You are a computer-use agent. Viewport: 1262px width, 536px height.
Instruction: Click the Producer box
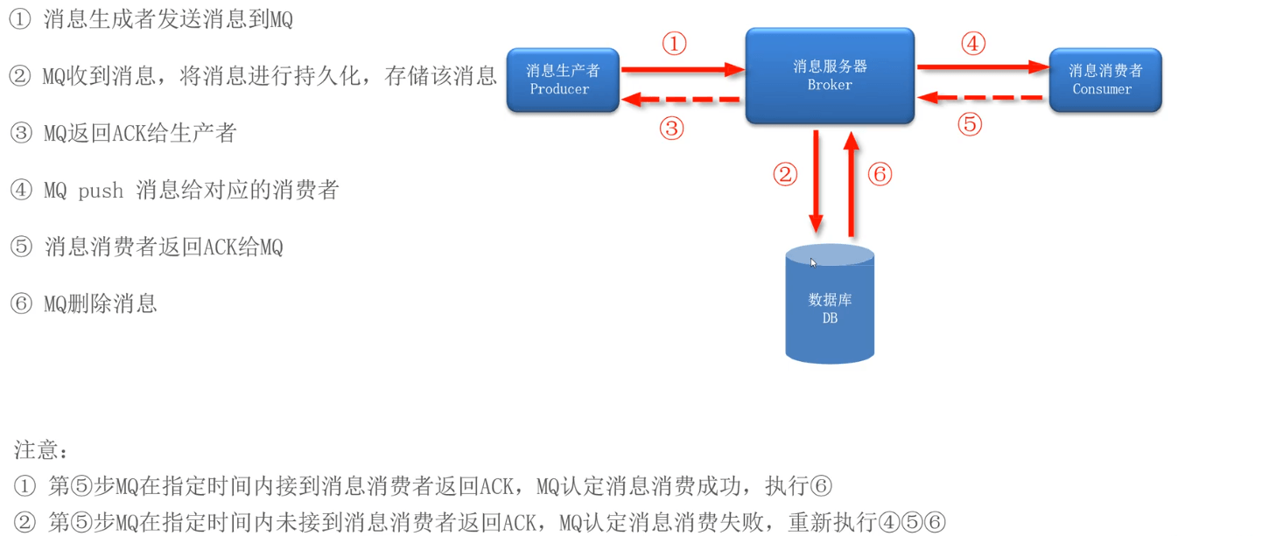pyautogui.click(x=563, y=80)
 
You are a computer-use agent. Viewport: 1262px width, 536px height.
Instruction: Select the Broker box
pyautogui.click(x=829, y=75)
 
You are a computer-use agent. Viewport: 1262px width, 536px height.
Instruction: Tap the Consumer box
pyautogui.click(x=1104, y=80)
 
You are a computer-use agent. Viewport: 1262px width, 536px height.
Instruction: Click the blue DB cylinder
pyautogui.click(x=830, y=306)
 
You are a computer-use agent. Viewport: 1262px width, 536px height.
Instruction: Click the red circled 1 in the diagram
pyautogui.click(x=674, y=44)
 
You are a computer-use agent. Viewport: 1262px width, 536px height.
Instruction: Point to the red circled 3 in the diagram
pyautogui.click(x=671, y=129)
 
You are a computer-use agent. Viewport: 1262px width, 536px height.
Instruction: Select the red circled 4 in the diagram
pyautogui.click(x=973, y=43)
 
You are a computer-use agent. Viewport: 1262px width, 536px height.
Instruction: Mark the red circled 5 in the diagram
pyautogui.click(x=970, y=124)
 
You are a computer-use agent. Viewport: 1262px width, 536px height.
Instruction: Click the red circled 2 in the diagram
pyautogui.click(x=785, y=175)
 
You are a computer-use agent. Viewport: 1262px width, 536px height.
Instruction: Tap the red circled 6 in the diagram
pyautogui.click(x=880, y=174)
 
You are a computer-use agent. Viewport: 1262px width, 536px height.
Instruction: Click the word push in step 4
pyautogui.click(x=101, y=191)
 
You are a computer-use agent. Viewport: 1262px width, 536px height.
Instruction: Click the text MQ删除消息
pyautogui.click(x=100, y=303)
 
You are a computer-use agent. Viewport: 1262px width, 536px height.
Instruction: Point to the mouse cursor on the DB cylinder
pyautogui.click(x=814, y=262)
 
